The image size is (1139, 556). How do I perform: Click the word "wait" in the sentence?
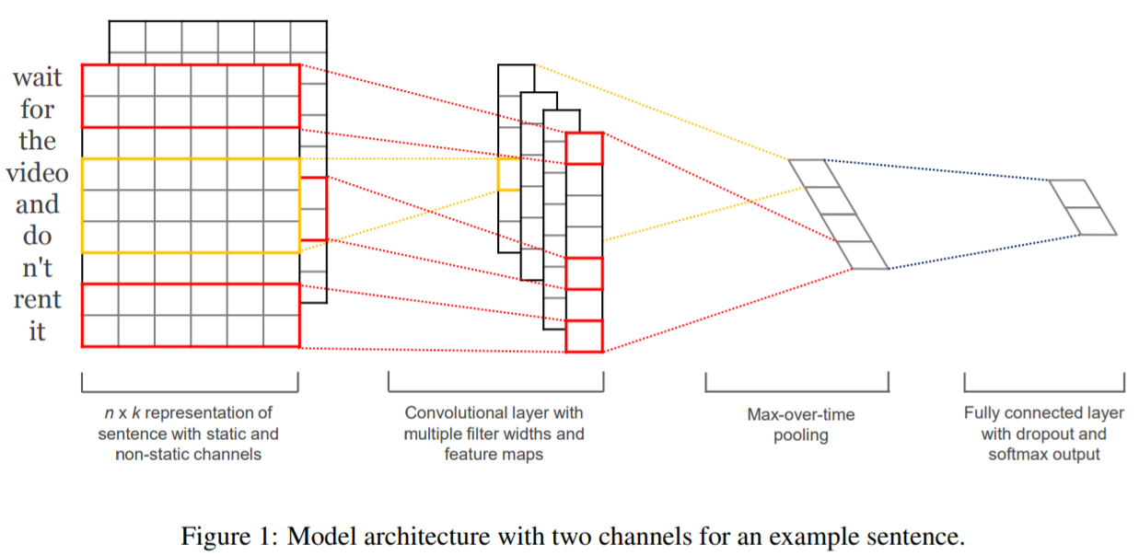click(37, 78)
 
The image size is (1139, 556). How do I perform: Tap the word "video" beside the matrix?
click(37, 172)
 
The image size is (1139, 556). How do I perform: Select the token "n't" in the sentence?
click(37, 268)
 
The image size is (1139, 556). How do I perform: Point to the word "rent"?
click(37, 299)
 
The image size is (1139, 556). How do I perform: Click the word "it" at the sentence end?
click(37, 330)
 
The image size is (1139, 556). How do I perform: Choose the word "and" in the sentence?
click(37, 203)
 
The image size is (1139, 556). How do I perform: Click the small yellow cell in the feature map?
click(508, 174)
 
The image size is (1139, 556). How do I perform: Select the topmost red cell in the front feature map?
click(584, 148)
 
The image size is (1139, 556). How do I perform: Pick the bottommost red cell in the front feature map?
click(584, 336)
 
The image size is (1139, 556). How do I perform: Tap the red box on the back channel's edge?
click(313, 208)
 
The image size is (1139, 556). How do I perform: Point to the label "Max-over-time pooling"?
click(800, 424)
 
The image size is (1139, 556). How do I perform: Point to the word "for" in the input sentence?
click(37, 110)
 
